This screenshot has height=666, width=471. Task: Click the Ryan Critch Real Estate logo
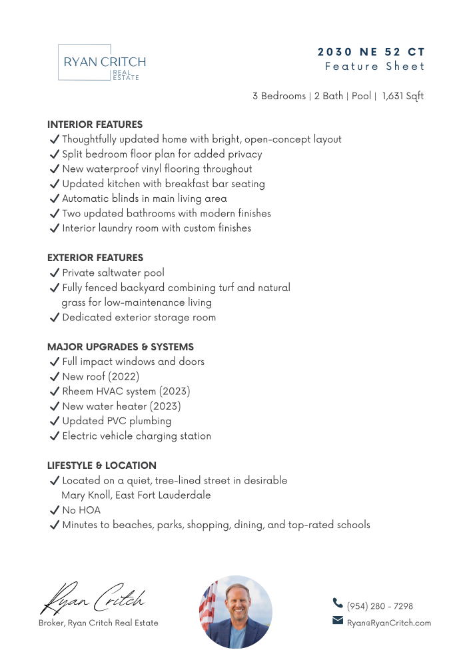point(101,63)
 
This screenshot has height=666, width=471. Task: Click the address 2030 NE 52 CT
point(371,52)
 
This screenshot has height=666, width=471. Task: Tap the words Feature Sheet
point(374,67)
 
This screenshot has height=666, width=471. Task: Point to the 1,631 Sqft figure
point(403,96)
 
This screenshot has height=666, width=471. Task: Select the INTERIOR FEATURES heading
point(95,125)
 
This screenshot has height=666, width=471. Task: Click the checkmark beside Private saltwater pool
point(55,272)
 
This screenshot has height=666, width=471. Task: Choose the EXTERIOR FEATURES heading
point(95,258)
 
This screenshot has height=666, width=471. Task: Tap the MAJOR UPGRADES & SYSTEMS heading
point(121,347)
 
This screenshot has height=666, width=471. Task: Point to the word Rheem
point(77,392)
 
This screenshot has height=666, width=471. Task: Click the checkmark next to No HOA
point(55,510)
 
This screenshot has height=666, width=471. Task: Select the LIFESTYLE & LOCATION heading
point(102,466)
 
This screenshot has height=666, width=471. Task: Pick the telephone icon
point(338,603)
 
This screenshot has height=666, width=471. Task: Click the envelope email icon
point(338,621)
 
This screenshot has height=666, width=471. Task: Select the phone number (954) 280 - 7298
point(380,606)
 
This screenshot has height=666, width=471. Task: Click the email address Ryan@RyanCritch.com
point(389,623)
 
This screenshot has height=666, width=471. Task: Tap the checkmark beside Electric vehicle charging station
point(55,436)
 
